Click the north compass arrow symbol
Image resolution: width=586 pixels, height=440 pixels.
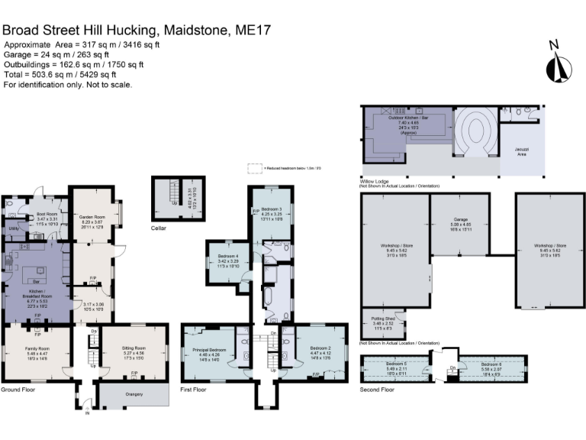[555, 61]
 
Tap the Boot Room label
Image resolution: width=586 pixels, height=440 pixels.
[47, 214]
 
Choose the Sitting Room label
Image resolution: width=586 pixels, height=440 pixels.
[134, 348]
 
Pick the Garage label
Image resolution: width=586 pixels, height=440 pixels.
[460, 219]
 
